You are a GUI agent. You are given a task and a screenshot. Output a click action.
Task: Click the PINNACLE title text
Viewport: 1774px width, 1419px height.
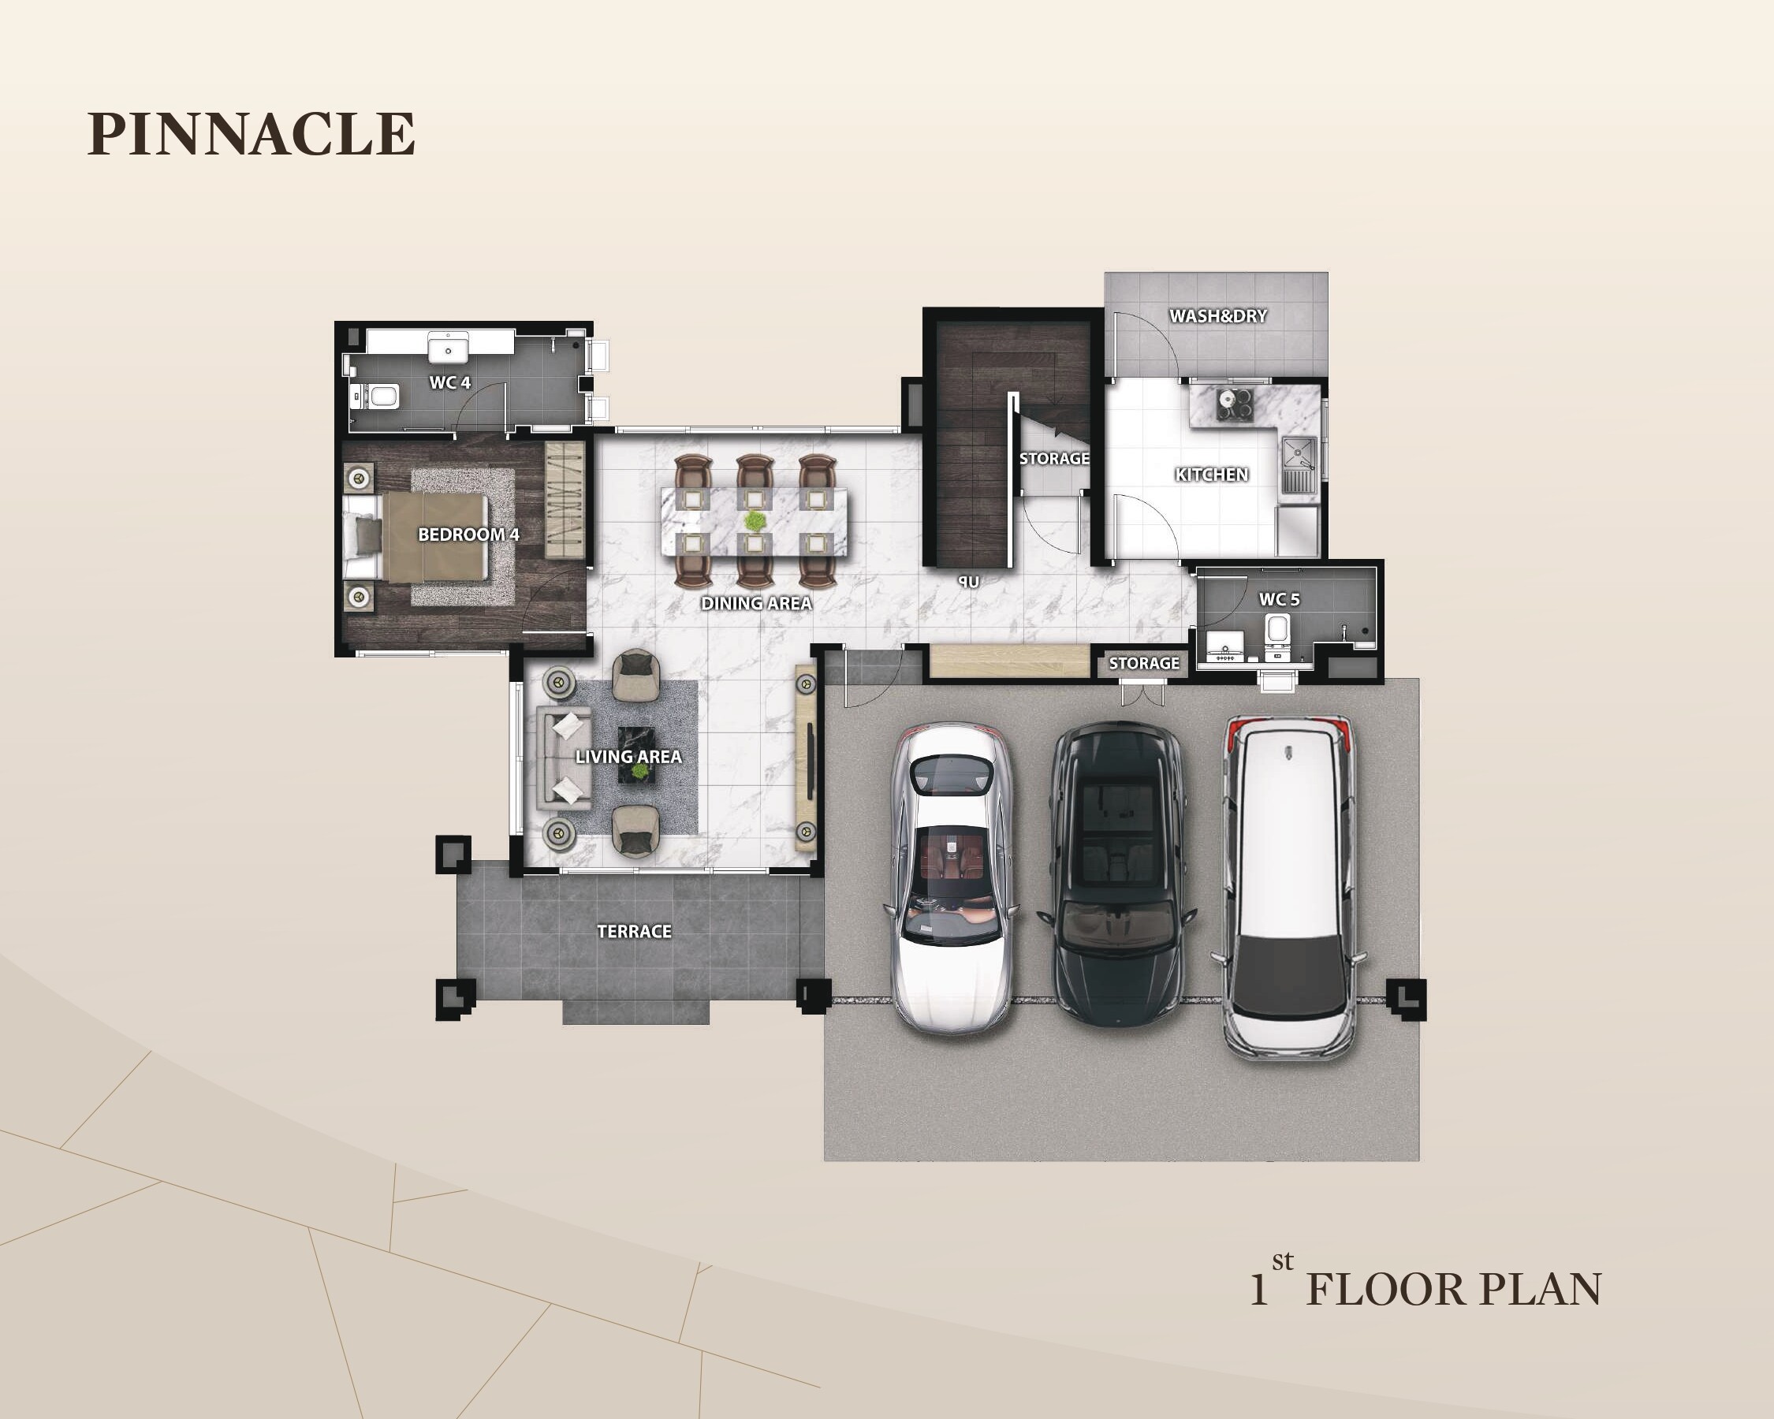point(251,133)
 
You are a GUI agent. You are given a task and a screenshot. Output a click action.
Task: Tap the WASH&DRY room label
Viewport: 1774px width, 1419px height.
point(1218,316)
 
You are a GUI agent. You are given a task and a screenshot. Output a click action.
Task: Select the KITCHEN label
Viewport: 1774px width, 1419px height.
point(1211,475)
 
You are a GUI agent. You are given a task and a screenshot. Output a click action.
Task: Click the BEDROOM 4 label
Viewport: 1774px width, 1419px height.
point(468,534)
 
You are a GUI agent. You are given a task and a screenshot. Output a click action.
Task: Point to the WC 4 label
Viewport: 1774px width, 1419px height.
point(450,382)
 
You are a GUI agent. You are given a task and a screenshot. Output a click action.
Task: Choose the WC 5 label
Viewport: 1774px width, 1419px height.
point(1280,600)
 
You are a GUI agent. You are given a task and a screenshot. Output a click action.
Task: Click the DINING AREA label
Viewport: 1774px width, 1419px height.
point(756,603)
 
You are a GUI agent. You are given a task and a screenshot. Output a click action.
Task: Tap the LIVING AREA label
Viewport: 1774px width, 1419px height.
point(628,757)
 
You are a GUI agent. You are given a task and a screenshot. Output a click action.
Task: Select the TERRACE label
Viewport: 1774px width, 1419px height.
point(634,931)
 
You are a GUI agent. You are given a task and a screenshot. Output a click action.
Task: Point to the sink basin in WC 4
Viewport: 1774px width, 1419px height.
point(449,347)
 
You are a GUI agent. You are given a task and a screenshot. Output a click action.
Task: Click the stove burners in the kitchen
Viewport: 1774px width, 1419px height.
point(1234,404)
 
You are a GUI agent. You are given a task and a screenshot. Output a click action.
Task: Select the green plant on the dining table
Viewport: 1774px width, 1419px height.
point(754,521)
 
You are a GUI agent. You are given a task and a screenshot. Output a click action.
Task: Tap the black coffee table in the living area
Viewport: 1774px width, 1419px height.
point(636,754)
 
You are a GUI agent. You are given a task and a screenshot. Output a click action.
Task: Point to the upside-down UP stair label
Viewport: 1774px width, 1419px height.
point(968,582)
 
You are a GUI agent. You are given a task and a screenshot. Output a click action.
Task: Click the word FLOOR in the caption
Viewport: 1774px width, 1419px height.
point(1385,1290)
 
